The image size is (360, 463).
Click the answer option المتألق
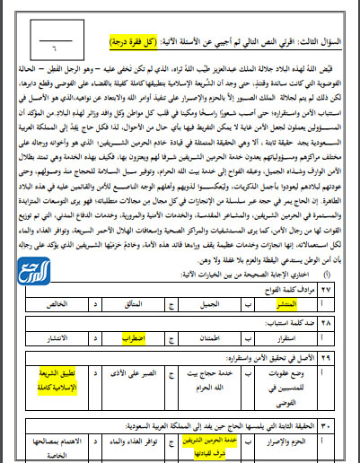pos(134,303)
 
